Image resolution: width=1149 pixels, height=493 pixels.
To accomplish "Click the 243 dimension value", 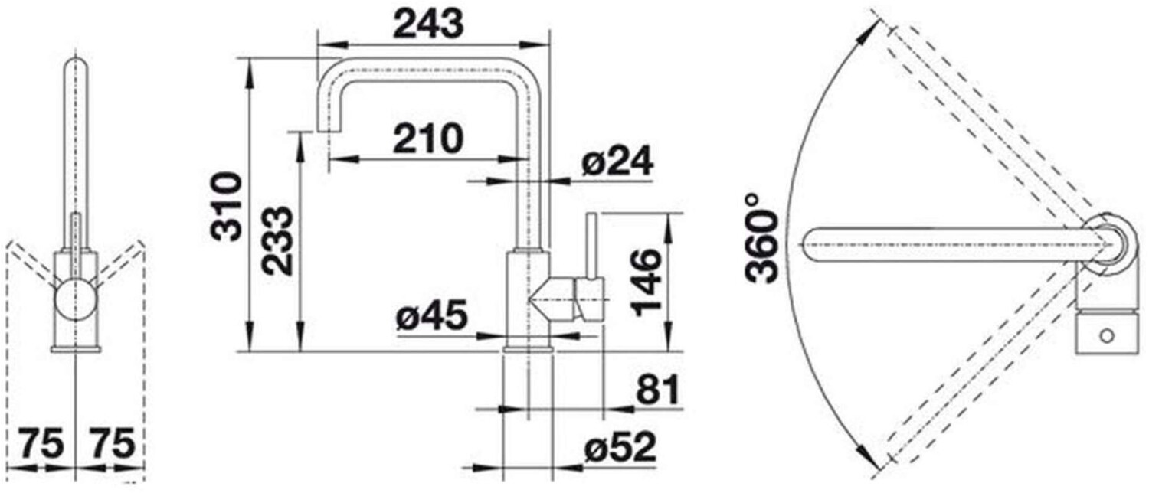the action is click(428, 24).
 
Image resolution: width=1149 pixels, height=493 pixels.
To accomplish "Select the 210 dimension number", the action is click(428, 139).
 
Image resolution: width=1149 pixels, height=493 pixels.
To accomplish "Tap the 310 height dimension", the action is click(226, 207).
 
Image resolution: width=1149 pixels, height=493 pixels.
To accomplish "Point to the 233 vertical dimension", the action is click(277, 241).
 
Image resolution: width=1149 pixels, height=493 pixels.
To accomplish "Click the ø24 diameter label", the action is click(617, 162).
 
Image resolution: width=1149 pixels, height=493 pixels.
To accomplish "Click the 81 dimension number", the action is click(657, 390).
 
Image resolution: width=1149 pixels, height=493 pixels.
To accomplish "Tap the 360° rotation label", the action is click(761, 239).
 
